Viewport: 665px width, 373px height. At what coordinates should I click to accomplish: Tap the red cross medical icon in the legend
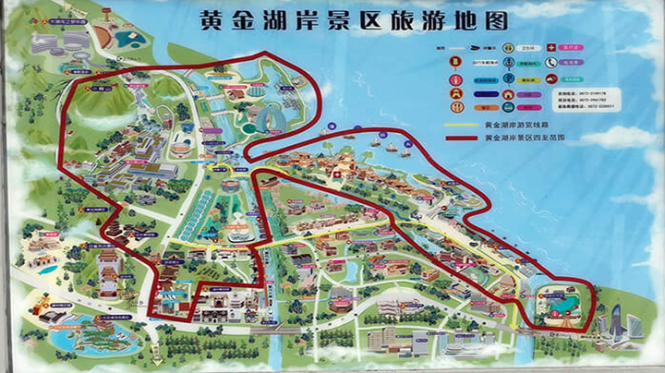point(550,46)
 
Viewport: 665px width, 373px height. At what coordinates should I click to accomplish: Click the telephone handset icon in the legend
point(550,63)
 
